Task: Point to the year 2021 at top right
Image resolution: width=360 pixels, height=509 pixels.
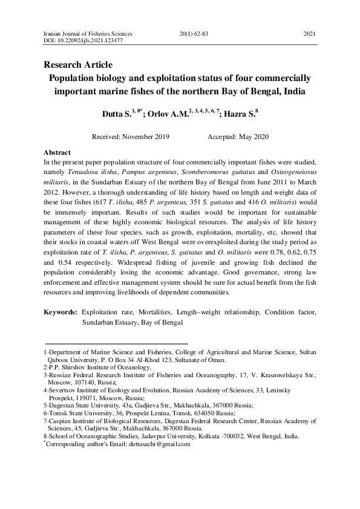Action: [x=309, y=34]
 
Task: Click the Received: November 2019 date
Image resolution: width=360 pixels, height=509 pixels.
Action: [x=131, y=137]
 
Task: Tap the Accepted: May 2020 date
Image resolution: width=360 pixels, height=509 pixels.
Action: [x=238, y=137]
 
